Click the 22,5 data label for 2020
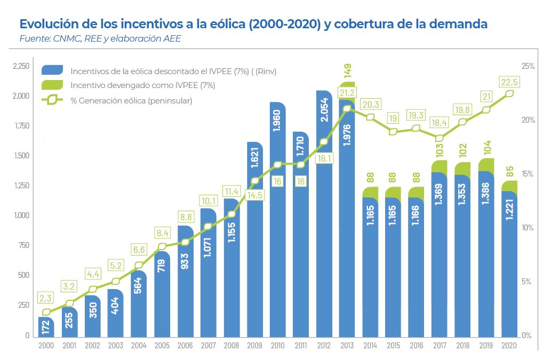pos(509,82)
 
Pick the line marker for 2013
pos(347,109)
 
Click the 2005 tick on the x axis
pos(162,346)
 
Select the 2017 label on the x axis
pos(440,346)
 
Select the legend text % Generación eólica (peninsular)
pos(131,100)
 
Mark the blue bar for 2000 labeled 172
pos(46,327)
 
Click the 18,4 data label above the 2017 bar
pos(440,123)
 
